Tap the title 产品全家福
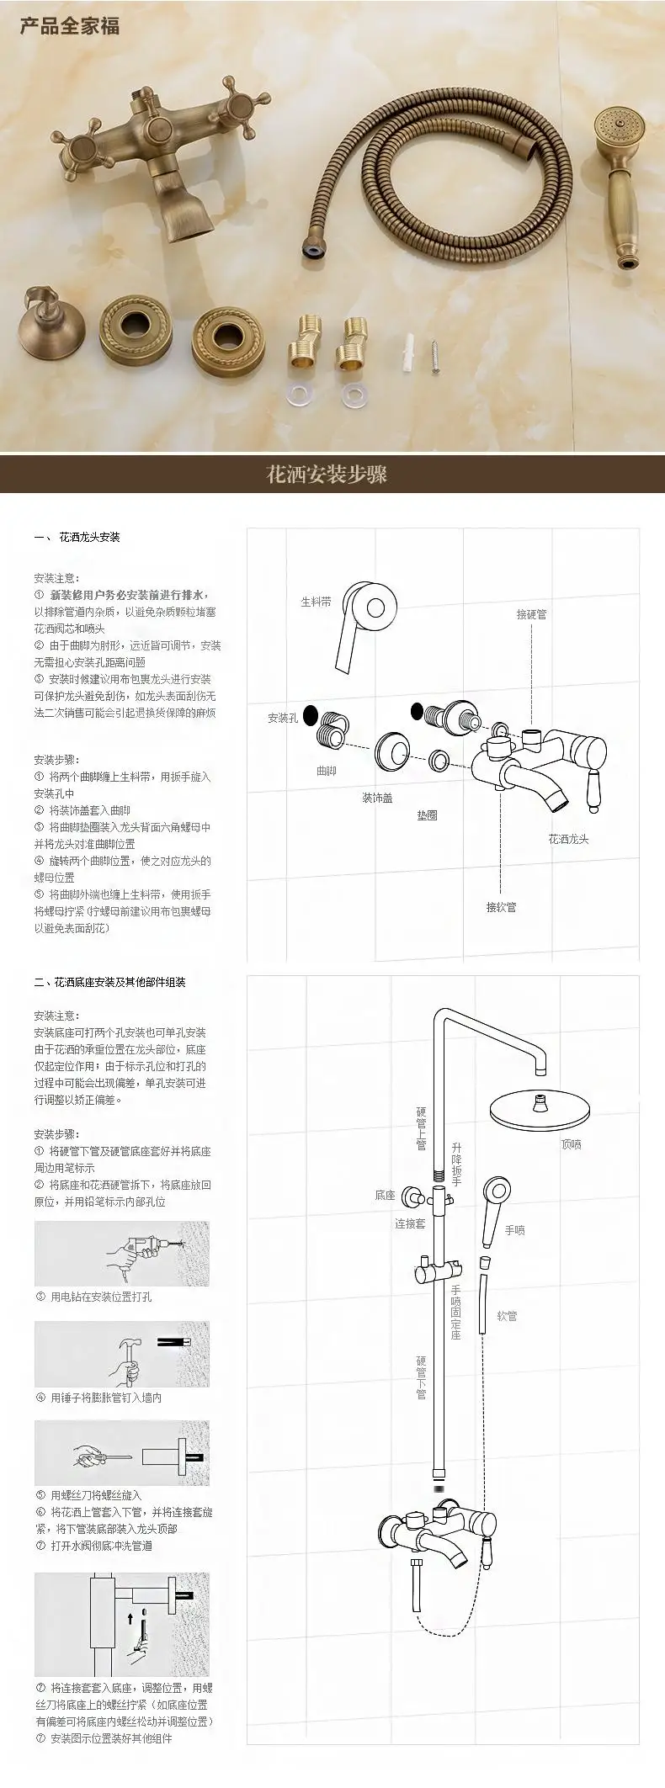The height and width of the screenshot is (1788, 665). (x=70, y=26)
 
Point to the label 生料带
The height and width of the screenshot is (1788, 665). (x=317, y=602)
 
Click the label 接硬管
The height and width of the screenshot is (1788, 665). (x=531, y=614)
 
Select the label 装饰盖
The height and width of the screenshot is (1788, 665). (x=377, y=798)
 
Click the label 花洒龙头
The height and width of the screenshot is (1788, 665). (x=568, y=839)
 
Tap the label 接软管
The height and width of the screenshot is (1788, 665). (x=501, y=907)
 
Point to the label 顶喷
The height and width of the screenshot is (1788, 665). (x=571, y=1144)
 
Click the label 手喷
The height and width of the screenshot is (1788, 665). (x=514, y=1230)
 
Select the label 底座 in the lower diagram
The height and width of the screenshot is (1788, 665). (x=385, y=1195)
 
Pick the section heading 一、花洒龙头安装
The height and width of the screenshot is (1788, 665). (x=77, y=537)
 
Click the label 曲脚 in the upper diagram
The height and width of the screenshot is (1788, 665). (x=326, y=771)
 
